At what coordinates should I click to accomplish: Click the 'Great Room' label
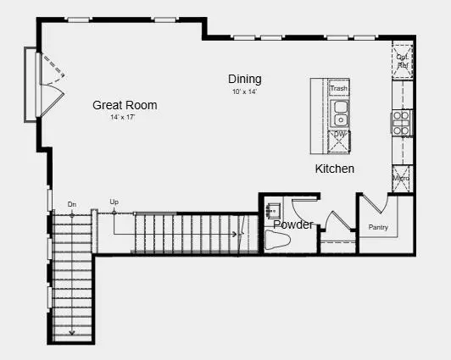click(125, 105)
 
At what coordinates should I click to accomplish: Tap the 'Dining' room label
click(244, 79)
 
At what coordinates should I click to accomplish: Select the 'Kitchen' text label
click(335, 169)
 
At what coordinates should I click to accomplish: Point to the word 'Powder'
click(292, 224)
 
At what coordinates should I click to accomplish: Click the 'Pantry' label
click(378, 227)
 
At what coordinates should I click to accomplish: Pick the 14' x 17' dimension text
click(123, 117)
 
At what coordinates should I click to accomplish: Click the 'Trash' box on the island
click(338, 88)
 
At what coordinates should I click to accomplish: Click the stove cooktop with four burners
click(401, 122)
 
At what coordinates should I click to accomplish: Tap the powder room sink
click(273, 208)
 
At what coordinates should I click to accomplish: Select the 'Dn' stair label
click(72, 204)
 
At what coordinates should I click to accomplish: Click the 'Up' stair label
click(114, 202)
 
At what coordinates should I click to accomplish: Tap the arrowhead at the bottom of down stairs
click(72, 333)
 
